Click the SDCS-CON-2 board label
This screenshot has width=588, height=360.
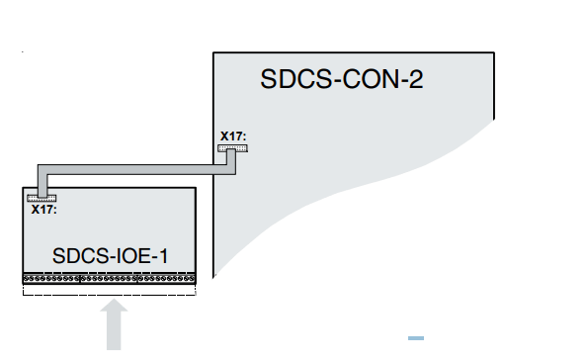click(342, 79)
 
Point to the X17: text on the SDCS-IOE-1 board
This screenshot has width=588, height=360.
click(42, 209)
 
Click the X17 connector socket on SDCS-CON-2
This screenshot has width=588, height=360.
click(233, 147)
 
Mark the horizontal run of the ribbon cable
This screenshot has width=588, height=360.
click(138, 169)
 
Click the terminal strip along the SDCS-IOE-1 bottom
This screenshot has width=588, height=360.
click(109, 280)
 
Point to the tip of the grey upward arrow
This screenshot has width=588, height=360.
click(116, 303)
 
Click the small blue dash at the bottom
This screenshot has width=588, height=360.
click(416, 339)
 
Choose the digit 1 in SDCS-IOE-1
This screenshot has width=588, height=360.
click(162, 257)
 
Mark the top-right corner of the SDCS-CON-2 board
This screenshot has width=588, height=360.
click(493, 52)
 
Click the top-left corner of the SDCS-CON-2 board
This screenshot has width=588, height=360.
click(214, 52)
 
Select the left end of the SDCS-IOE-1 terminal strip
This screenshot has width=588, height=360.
click(25, 280)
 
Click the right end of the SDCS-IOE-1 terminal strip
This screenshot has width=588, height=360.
click(194, 280)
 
